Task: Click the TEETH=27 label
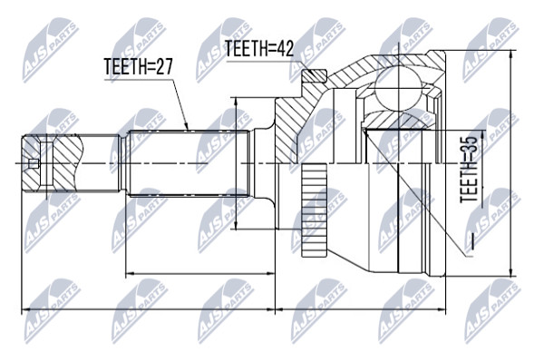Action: coord(138,66)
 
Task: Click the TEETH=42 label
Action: coord(259,48)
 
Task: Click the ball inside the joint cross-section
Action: coord(399,90)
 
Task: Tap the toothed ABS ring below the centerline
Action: coord(315,210)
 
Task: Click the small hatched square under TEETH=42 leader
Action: coord(315,75)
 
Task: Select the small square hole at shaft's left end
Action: coord(33,163)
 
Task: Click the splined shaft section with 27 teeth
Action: coord(189,163)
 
